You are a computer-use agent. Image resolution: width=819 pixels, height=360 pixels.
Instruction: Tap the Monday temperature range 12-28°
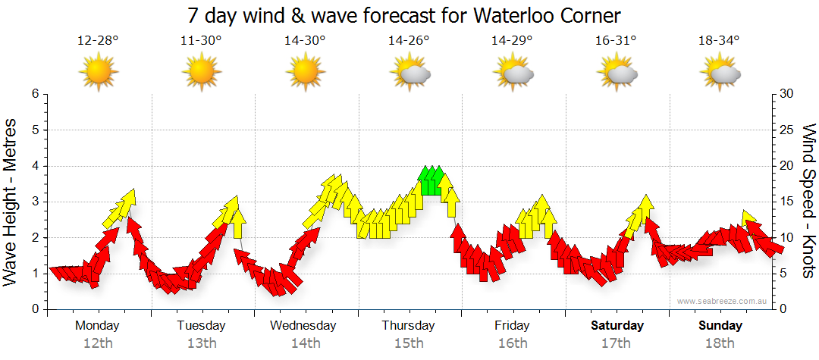point(98,41)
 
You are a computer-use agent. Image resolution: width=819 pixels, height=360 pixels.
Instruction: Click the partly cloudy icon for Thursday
point(410,73)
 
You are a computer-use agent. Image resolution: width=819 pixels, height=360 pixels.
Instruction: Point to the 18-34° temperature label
point(719,41)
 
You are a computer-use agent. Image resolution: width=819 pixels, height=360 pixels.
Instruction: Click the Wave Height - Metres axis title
point(11,202)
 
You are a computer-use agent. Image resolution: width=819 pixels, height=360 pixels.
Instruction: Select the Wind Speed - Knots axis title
point(808,202)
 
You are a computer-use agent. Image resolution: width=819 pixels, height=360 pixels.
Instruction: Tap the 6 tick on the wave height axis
point(35,94)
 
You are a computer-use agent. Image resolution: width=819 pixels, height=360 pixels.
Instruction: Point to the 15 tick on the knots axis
point(788,202)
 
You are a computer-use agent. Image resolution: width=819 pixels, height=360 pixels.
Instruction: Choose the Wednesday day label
point(304,326)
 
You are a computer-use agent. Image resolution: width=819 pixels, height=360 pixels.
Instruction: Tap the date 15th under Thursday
point(409,343)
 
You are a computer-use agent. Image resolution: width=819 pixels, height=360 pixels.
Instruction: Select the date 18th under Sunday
point(720,343)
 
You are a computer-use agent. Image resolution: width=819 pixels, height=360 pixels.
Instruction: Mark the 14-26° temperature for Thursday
point(409,41)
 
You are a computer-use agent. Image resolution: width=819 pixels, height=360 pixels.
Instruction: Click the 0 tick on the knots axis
point(785,309)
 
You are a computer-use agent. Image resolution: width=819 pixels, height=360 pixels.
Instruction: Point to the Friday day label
point(513,326)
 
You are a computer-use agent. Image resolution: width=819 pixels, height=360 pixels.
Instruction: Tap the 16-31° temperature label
point(616,41)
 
